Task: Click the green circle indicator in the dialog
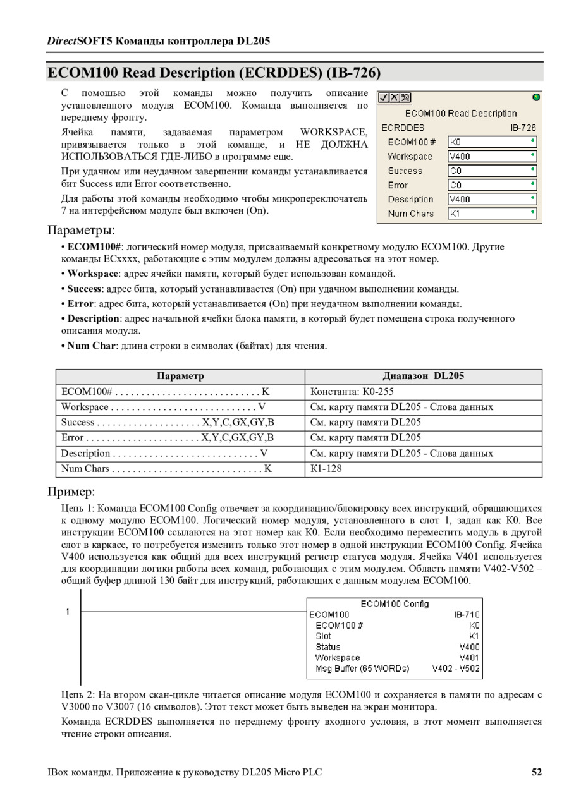[536, 97]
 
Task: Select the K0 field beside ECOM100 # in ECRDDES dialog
[492, 142]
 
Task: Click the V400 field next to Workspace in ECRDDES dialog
[492, 156]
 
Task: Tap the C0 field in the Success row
[492, 171]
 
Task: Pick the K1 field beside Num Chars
[492, 214]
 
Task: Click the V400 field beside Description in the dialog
[492, 199]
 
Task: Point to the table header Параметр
[180, 376]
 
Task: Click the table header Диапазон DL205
[424, 376]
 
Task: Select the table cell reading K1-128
[326, 469]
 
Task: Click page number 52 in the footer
[537, 772]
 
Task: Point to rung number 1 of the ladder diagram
[68, 612]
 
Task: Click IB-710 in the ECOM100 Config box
[467, 614]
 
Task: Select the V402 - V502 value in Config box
[456, 668]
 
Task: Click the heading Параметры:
[81, 229]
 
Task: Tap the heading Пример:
[71, 492]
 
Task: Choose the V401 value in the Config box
[470, 657]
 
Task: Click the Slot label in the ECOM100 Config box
[323, 636]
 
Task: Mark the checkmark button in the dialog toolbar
[383, 97]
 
